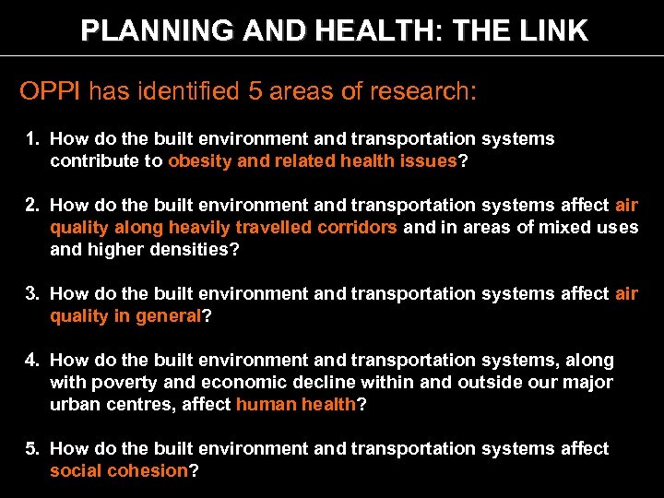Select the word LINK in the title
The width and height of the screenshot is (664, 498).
[551, 31]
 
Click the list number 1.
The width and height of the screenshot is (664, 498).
[32, 139]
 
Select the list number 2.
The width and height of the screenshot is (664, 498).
[32, 206]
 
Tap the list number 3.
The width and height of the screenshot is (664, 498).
[32, 294]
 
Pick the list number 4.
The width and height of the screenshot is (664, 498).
[32, 361]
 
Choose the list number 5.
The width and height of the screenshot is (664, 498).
[32, 449]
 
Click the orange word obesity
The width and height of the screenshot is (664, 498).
[199, 161]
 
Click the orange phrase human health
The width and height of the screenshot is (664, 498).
[295, 405]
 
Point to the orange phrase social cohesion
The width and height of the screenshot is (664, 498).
[119, 471]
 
